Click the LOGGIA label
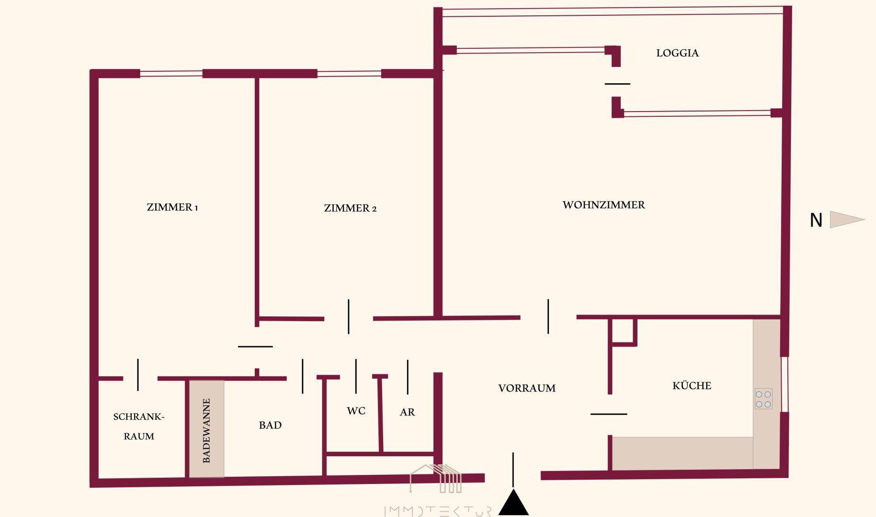(677, 53)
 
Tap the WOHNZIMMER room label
(603, 205)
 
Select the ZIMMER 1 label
(172, 207)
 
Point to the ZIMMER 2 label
(350, 208)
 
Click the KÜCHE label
(692, 385)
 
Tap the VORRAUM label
(527, 388)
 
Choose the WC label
(356, 411)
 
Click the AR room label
(407, 412)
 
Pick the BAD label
(270, 425)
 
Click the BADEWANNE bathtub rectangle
(206, 429)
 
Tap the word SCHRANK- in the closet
(139, 417)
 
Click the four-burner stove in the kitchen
(763, 398)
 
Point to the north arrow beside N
(847, 220)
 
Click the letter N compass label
(816, 220)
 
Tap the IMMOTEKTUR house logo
(436, 479)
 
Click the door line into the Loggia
(617, 84)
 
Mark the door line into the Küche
(609, 414)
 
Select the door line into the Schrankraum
(138, 375)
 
